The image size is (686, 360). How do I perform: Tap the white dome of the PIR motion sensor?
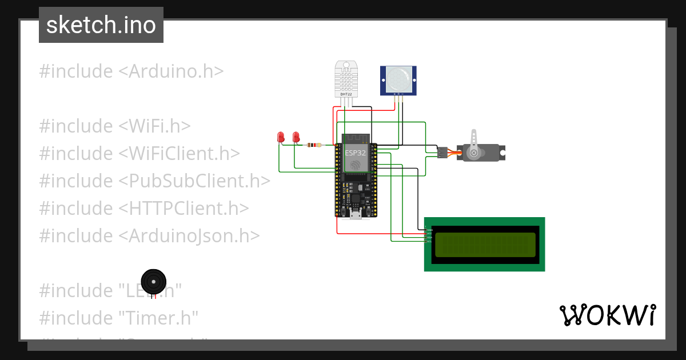click(398, 78)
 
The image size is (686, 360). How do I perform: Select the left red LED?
click(281, 137)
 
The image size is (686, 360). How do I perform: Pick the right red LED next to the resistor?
click(296, 137)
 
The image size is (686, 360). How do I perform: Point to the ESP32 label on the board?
click(355, 153)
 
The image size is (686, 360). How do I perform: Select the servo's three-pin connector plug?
click(442, 153)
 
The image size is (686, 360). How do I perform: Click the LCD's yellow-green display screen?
click(485, 245)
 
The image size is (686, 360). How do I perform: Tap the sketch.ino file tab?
click(101, 25)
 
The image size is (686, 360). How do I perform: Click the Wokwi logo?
click(607, 315)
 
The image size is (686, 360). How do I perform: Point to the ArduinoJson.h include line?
click(150, 235)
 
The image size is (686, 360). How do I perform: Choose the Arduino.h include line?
click(131, 71)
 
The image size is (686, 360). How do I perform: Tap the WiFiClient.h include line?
click(139, 153)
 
